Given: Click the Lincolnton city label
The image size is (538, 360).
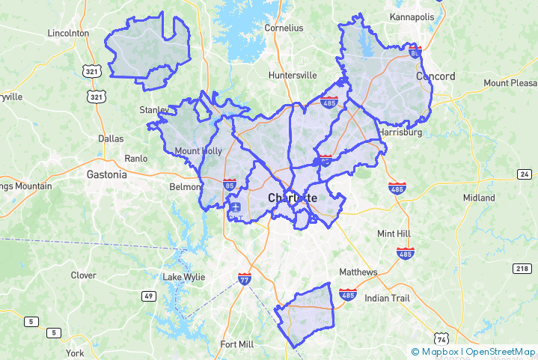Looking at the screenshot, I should (68, 33).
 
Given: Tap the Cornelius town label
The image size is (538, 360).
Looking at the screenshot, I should (284, 28).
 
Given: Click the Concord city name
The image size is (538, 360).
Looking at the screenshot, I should (435, 76).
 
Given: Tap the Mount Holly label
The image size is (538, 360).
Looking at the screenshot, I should (198, 151).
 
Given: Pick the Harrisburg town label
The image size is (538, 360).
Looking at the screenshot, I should (400, 132).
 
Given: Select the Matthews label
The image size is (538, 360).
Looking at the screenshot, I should (358, 272).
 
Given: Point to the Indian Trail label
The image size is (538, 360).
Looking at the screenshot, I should (387, 298).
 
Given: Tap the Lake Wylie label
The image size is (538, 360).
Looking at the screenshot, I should (183, 278).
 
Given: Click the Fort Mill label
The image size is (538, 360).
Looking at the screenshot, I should (236, 344).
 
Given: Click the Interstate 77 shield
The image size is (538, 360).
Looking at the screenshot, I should (245, 278).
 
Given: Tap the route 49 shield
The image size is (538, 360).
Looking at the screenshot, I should (149, 296).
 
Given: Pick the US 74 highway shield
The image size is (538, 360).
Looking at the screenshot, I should (441, 338).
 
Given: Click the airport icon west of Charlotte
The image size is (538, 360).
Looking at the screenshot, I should (236, 207).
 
